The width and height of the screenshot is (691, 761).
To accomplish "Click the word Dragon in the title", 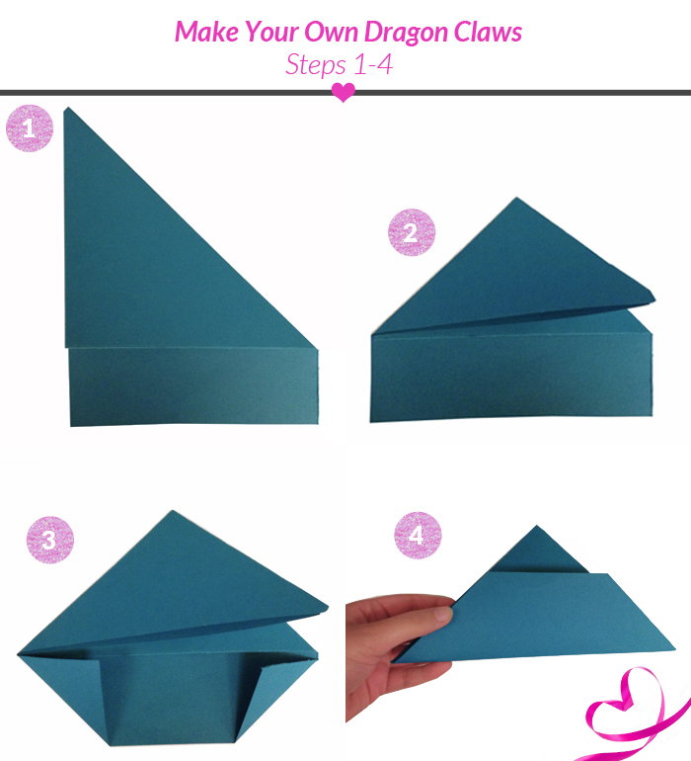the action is tap(407, 33).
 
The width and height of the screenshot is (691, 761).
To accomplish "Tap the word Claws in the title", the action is tap(488, 32).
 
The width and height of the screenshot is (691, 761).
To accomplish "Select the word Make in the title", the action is tap(206, 32).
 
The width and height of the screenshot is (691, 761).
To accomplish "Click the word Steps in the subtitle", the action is tap(316, 65).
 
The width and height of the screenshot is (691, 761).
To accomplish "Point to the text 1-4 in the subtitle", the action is tap(373, 64).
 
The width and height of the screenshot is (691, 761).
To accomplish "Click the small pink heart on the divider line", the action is tap(344, 92).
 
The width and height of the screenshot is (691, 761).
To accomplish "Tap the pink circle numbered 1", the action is tap(29, 128).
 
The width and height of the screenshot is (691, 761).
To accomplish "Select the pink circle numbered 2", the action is tap(412, 232).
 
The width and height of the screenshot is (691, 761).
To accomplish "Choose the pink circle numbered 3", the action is tap(50, 540).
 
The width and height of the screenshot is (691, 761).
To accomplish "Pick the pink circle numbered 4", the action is tap(418, 535).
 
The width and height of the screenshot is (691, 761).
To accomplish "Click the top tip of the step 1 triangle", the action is tap(66, 109).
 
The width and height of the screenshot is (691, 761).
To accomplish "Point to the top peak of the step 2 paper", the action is tap(516, 198).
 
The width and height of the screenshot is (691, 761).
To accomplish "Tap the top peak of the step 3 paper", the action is tap(172, 511).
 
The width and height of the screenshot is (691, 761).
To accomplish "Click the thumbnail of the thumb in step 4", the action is tap(443, 614).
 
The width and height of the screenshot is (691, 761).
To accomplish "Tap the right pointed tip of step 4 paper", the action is tap(673, 648).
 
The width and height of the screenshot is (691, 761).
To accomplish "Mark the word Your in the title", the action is tap(272, 32).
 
